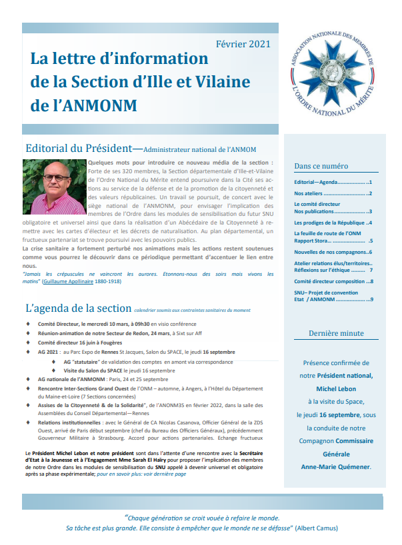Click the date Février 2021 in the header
pos(243,45)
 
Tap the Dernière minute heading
pos(335,333)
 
